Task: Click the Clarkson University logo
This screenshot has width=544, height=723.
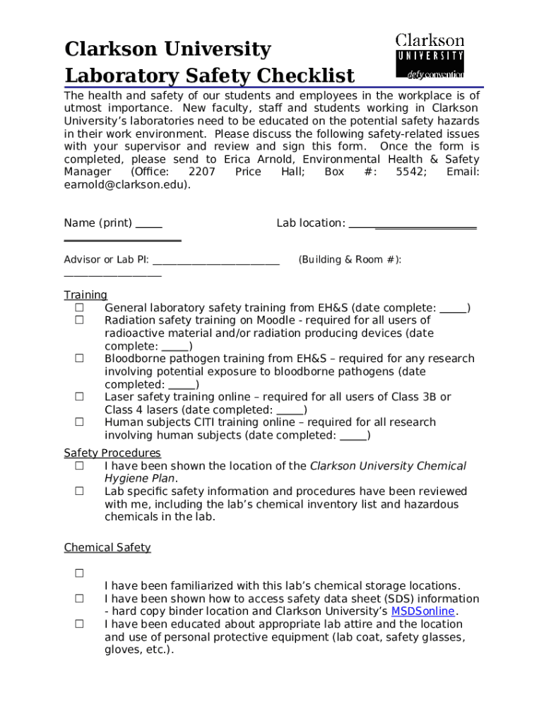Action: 430,56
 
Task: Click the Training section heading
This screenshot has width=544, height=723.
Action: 85,295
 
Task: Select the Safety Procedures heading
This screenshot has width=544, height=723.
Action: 112,453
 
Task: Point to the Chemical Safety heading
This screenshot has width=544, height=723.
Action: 107,548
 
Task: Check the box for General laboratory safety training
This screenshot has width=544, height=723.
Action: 80,308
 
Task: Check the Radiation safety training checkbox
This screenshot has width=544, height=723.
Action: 80,321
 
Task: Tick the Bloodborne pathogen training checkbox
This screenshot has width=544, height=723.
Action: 80,359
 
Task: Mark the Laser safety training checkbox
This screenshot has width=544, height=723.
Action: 80,397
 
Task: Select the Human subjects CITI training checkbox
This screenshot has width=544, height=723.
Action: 80,422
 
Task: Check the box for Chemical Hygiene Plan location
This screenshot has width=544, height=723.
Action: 80,466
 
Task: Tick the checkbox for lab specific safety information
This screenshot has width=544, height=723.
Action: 80,491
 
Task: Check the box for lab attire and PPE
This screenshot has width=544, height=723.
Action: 80,624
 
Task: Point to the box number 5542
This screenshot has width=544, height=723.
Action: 410,172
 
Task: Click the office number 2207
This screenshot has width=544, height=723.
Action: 202,172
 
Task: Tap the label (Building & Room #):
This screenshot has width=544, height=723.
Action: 350,260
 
